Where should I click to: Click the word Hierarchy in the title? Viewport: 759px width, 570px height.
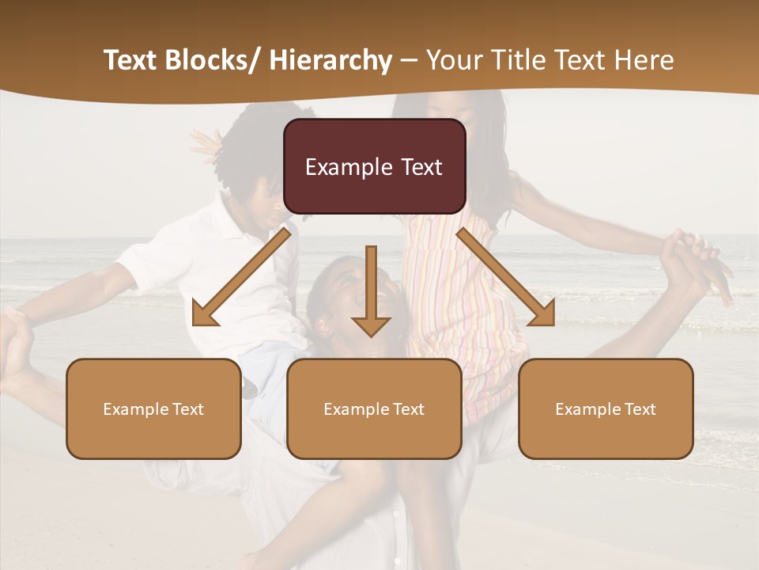[330, 60]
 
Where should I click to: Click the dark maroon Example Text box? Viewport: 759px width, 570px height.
[374, 166]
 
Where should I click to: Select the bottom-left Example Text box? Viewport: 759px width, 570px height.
[153, 408]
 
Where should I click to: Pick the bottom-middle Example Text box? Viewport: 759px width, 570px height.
[374, 408]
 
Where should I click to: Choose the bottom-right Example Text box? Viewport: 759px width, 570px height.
[606, 408]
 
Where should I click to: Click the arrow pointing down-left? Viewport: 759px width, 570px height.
[241, 278]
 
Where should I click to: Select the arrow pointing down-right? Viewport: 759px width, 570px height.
[505, 278]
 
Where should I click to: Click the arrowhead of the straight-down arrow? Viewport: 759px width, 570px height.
[371, 325]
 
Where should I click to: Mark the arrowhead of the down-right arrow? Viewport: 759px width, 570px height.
[542, 314]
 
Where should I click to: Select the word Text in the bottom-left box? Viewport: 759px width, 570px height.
[188, 409]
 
